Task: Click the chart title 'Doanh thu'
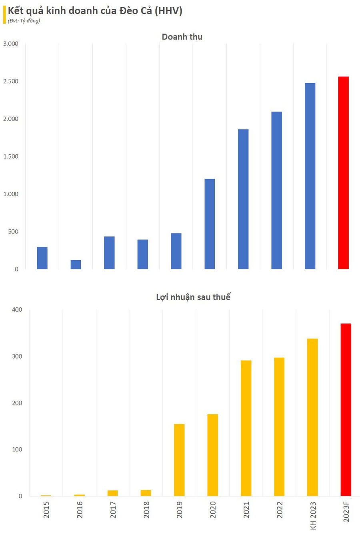[182, 37]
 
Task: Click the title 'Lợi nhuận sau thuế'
[193, 297]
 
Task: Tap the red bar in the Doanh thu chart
[343, 173]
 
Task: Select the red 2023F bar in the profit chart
[346, 410]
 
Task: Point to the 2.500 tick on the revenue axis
[11, 81]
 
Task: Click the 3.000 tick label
[11, 44]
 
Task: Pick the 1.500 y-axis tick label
[11, 156]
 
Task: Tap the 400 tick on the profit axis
[17, 310]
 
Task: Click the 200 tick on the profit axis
[17, 403]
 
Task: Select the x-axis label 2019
[180, 510]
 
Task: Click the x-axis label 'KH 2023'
[313, 516]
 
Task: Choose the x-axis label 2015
[46, 510]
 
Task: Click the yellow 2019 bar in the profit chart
[179, 460]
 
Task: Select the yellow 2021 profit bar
[246, 428]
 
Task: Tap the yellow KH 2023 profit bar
[312, 417]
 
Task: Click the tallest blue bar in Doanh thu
[310, 176]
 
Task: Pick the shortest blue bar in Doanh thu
[76, 264]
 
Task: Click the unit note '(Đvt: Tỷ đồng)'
[24, 21]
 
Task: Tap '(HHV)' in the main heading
[168, 11]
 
